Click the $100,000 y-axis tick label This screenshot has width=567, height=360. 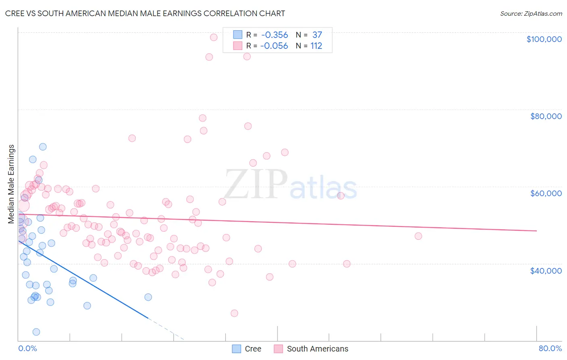coord(544,39)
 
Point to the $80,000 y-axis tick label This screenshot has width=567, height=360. coord(546,116)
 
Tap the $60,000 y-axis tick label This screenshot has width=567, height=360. coord(546,193)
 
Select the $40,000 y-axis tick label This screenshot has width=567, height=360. coord(546,270)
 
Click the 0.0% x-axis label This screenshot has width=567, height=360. coord(27,348)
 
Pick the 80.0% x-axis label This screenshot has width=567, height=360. coord(550,348)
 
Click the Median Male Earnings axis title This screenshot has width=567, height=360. coord(11,184)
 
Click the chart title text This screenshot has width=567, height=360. coord(145,13)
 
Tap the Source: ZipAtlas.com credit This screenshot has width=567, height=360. coord(531,14)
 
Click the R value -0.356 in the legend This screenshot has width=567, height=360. coord(275,35)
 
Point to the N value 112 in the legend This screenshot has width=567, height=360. coord(316,46)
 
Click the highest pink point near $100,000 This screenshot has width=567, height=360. coord(214,37)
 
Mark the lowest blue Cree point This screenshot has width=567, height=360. coord(36,332)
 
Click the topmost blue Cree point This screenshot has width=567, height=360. coord(43,147)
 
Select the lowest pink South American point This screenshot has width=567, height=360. coord(234,313)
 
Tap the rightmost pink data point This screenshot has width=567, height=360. coord(418,236)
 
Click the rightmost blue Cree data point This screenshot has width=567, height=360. coord(148,297)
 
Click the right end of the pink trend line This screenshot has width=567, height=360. coord(536,231)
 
